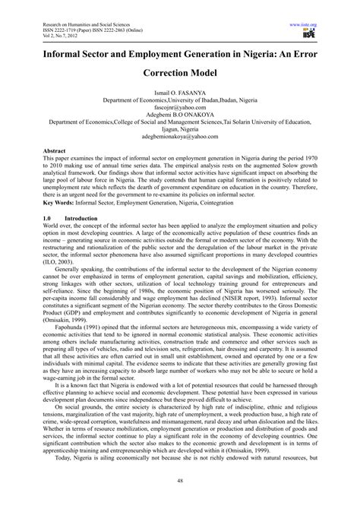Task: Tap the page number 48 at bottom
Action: point(180,480)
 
